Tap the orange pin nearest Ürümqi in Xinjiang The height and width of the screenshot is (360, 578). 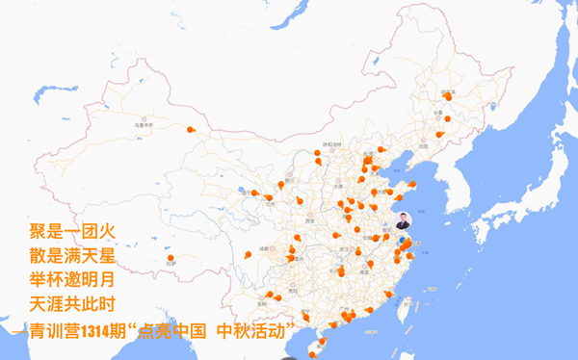point(191,128)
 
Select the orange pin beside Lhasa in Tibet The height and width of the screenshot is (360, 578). point(171,257)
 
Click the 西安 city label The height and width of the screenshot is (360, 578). point(311,220)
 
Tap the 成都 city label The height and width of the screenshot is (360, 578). point(263,248)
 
